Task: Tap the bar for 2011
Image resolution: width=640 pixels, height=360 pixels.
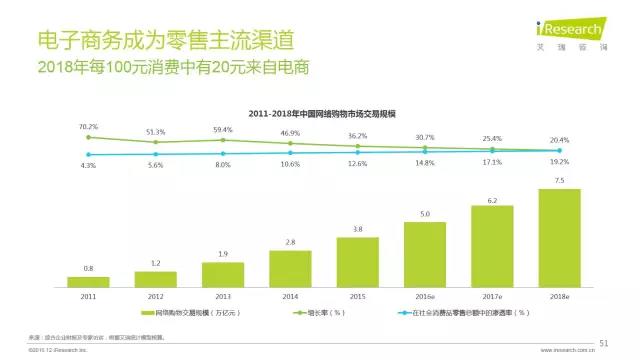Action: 88,282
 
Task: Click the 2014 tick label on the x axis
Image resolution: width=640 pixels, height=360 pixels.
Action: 290,297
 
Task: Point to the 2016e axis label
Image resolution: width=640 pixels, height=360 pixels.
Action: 424,297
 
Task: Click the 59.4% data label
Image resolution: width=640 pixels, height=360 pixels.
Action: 223,129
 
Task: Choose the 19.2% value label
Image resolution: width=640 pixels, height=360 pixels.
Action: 559,162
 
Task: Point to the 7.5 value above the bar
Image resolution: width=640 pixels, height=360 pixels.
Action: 559,181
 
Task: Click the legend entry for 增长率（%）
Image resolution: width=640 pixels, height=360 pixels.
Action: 322,315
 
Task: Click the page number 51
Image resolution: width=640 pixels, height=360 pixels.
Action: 604,342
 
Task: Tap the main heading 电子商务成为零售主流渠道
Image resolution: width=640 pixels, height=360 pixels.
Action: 165,41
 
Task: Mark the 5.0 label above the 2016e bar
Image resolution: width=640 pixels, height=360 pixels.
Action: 424,214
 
